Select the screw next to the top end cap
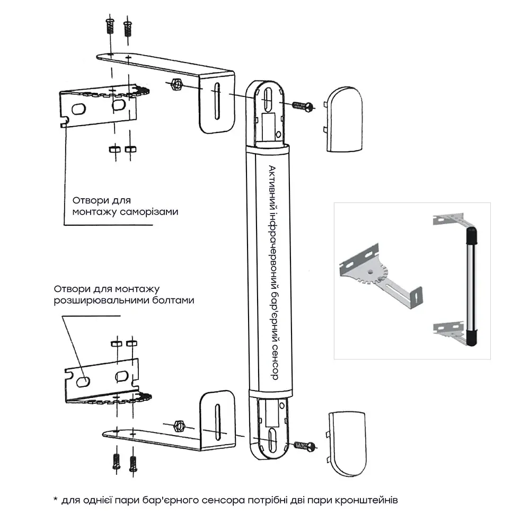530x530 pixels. tap(302, 105)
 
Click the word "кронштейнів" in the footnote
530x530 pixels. tap(376, 500)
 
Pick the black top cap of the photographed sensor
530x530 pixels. tap(470, 233)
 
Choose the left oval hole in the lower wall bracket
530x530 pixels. tap(82, 381)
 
